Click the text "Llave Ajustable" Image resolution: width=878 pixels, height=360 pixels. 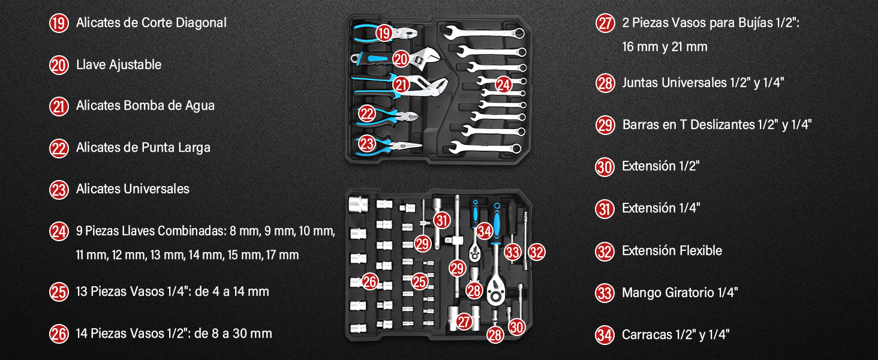tap(119, 65)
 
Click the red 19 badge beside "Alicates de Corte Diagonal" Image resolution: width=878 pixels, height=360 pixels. tap(59, 23)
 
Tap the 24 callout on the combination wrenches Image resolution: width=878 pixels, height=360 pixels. tap(503, 85)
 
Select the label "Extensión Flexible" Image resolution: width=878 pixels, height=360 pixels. tap(672, 251)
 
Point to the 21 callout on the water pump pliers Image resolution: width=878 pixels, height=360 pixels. tap(401, 85)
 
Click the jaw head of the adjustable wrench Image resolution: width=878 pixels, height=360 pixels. tap(426, 58)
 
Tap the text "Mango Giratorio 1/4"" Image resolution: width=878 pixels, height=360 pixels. tap(680, 293)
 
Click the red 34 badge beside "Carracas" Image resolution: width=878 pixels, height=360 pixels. tap(605, 335)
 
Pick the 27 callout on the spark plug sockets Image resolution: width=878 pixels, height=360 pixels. tap(464, 322)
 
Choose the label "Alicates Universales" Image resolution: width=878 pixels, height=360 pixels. tap(133, 189)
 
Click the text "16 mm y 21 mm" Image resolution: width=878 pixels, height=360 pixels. tap(664, 47)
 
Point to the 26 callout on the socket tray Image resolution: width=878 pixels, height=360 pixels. tap(369, 281)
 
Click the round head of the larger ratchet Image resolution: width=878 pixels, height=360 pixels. tap(496, 290)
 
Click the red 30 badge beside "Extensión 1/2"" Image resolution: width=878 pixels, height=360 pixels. tap(605, 167)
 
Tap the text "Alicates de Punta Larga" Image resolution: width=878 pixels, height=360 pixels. tap(143, 148)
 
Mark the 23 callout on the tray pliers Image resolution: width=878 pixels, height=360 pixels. tap(367, 143)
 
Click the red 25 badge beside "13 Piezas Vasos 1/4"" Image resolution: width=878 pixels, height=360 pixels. tap(59, 292)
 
